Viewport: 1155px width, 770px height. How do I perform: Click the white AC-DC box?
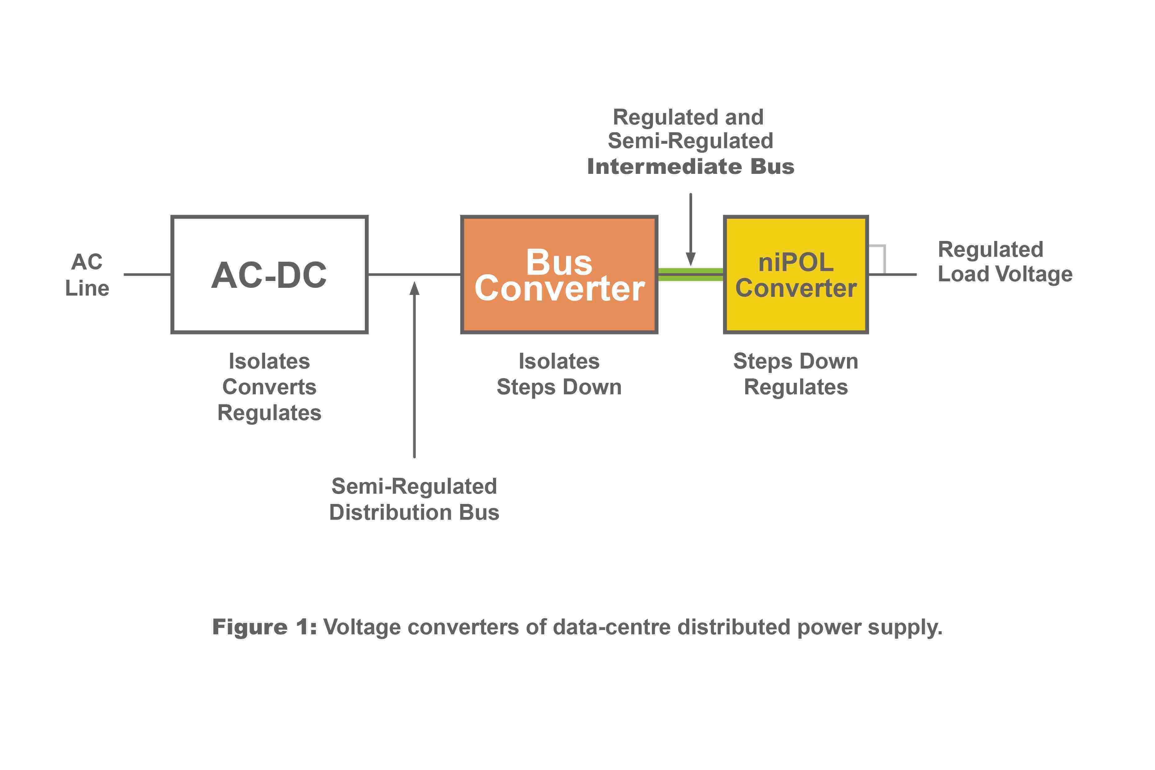[x=269, y=274]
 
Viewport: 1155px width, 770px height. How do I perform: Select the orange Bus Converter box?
[x=559, y=274]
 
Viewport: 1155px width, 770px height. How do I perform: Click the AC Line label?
[x=87, y=275]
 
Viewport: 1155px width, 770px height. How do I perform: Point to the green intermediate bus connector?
[x=691, y=274]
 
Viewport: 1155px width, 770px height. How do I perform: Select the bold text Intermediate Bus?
[x=691, y=166]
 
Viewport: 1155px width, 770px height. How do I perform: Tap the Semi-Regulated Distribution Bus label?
[x=414, y=499]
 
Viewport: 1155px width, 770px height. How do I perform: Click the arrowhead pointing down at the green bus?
[x=691, y=259]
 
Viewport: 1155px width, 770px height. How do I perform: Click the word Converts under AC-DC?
[x=269, y=387]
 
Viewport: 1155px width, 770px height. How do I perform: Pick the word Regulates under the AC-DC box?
[x=269, y=413]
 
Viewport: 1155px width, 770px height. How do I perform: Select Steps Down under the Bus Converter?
[x=559, y=387]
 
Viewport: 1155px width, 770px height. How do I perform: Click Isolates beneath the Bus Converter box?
[x=559, y=361]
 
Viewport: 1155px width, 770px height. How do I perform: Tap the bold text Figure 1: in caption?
[x=264, y=627]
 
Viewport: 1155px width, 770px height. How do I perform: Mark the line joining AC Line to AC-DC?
[x=147, y=274]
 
